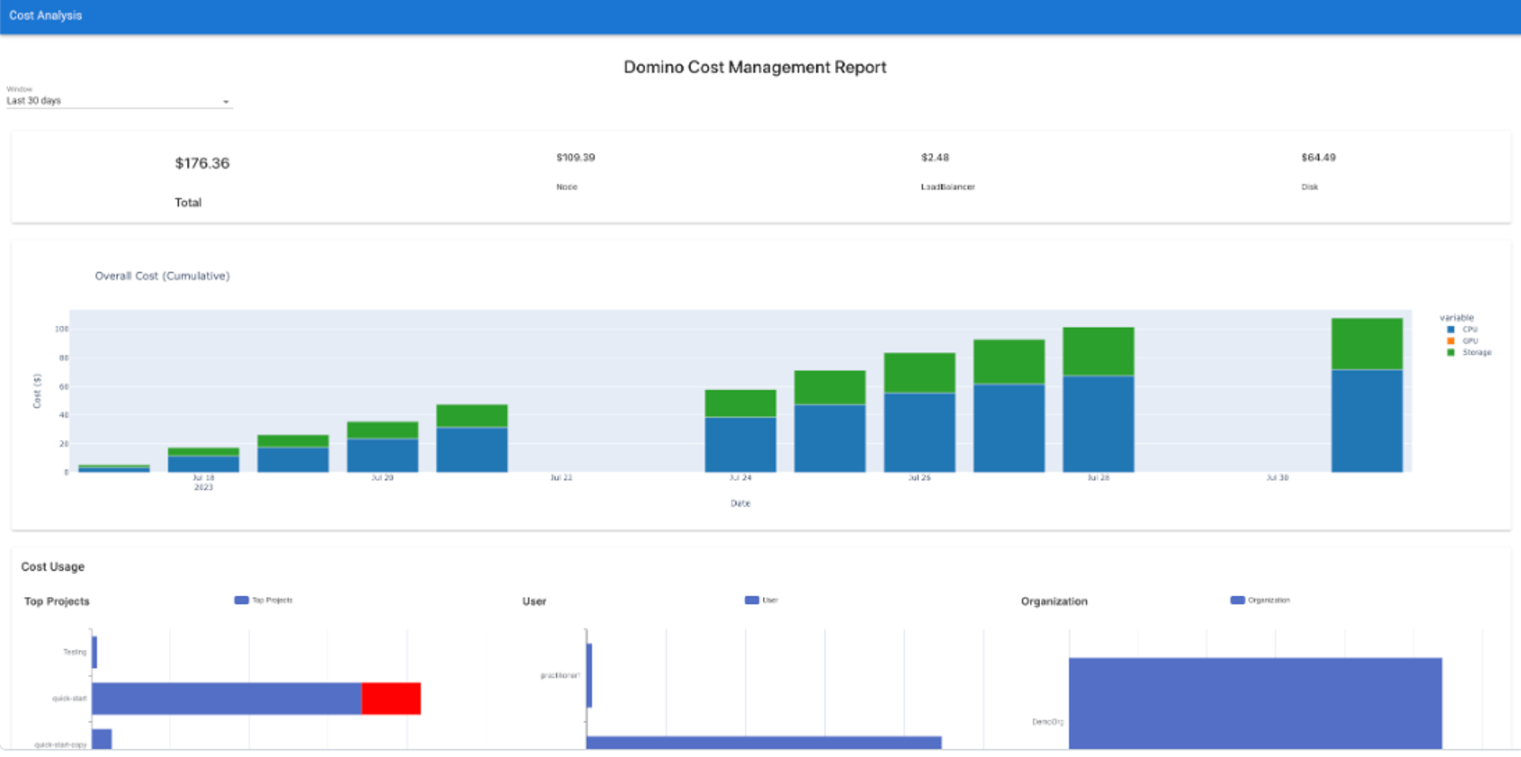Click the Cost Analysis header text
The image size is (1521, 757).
45,15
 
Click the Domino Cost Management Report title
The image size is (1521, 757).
754,67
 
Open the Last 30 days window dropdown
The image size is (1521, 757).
119,101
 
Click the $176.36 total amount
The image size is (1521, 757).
202,163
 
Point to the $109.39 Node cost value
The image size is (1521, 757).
575,158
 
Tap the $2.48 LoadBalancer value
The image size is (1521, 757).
935,158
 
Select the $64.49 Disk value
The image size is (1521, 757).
1318,158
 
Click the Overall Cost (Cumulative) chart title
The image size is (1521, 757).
162,276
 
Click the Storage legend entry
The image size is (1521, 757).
1476,352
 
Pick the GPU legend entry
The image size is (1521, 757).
1470,341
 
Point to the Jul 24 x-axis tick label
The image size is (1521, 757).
740,478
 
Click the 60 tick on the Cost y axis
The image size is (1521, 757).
63,387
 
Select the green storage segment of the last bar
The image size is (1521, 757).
1367,344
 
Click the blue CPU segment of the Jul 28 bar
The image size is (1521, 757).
1098,424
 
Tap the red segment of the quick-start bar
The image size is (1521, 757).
391,698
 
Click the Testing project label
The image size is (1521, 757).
75,652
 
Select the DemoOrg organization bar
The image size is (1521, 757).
1255,702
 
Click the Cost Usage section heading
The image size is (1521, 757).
53,567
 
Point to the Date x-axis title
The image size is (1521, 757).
740,503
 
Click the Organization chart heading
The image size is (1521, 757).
1054,602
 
